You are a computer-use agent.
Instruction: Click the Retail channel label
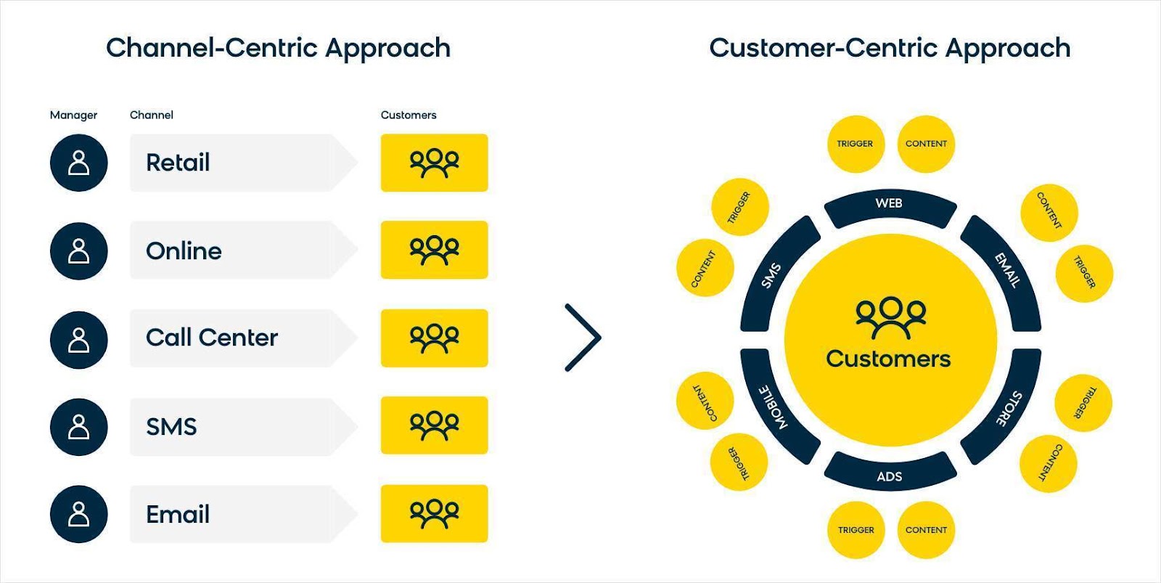[178, 163]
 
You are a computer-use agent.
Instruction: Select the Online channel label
[184, 251]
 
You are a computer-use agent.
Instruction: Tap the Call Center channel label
[212, 338]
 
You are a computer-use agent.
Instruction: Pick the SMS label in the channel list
[171, 427]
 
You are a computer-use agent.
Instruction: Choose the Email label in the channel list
[178, 515]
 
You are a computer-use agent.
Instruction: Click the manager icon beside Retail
[78, 163]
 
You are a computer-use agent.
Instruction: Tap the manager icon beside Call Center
[78, 340]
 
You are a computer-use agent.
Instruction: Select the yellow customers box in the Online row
[434, 250]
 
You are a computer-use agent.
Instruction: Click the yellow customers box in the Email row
[434, 513]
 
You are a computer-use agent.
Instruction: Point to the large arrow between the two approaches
[583, 338]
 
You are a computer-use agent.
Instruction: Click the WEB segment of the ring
[890, 205]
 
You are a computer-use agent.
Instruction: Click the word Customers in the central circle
[888, 359]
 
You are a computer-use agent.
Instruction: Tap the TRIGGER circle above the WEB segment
[855, 144]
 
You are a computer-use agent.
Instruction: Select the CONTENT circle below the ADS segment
[926, 530]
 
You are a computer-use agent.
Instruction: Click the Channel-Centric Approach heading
[278, 48]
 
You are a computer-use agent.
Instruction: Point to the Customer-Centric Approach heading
[890, 48]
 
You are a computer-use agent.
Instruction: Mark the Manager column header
[73, 115]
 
